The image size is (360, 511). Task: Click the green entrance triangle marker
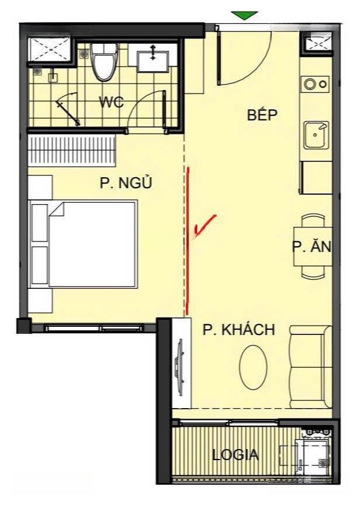click(x=244, y=15)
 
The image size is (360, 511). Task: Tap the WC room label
click(x=112, y=102)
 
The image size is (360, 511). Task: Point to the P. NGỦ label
click(x=126, y=183)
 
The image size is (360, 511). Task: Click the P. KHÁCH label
click(x=239, y=330)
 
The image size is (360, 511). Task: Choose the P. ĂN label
click(x=311, y=247)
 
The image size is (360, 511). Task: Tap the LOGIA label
click(x=235, y=455)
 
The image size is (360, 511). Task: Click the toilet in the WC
click(x=103, y=62)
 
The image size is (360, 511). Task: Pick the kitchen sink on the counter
click(x=316, y=135)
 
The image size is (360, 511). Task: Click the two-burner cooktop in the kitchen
click(x=315, y=84)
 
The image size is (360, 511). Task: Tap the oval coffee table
click(x=253, y=367)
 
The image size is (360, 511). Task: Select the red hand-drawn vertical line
click(x=188, y=241)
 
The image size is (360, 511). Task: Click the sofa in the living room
click(x=310, y=367)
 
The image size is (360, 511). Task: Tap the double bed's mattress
click(x=92, y=244)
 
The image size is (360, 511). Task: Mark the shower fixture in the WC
click(x=68, y=109)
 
